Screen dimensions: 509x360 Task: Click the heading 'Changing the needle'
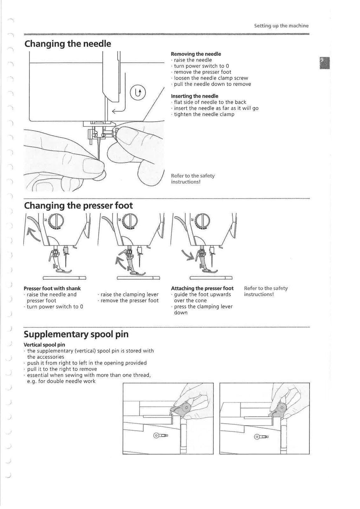(x=67, y=44)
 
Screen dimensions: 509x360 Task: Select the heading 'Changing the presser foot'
(x=78, y=205)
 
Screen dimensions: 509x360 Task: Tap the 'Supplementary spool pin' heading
(x=76, y=334)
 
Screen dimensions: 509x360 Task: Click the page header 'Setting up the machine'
(x=281, y=26)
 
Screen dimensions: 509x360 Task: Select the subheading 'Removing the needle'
(x=196, y=54)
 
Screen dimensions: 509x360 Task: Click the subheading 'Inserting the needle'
(x=194, y=96)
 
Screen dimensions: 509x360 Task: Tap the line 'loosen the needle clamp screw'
(x=211, y=78)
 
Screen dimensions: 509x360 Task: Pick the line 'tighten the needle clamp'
(x=204, y=114)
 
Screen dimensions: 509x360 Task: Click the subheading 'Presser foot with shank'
(x=52, y=288)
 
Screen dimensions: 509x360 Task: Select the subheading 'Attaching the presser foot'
(x=202, y=288)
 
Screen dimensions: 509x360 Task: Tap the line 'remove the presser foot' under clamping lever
(x=129, y=301)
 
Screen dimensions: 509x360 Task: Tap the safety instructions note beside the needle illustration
(x=193, y=179)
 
